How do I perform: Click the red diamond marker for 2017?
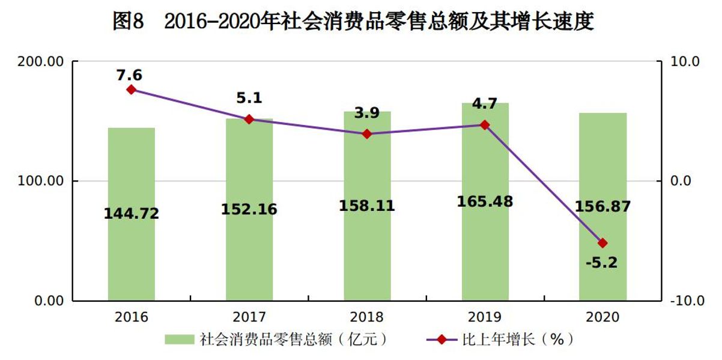pos(249,119)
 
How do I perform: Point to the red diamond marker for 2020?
pos(602,243)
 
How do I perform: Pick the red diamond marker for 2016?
pos(132,90)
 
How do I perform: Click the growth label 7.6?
pos(131,75)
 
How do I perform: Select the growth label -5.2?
pos(602,262)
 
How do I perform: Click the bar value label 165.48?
pos(485,201)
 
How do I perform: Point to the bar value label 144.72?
pos(131,213)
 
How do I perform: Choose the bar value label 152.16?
pos(249,209)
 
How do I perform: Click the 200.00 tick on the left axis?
pos(41,61)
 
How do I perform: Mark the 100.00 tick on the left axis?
pos(41,181)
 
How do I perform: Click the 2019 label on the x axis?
pos(485,317)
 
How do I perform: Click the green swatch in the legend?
pos(180,340)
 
